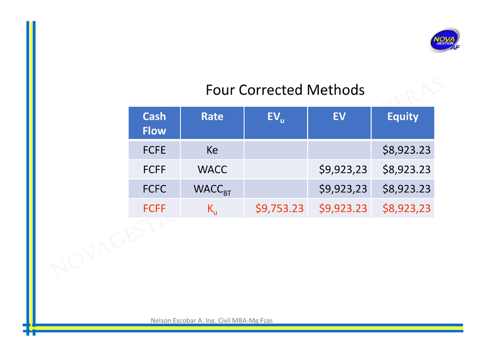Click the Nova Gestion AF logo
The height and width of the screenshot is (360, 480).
tap(445, 40)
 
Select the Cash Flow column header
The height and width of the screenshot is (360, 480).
tap(154, 123)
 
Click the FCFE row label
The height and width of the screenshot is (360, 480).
tap(154, 150)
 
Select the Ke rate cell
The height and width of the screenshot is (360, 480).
tap(212, 150)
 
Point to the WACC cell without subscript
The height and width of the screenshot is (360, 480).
tap(212, 169)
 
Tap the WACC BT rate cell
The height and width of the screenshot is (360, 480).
tap(212, 190)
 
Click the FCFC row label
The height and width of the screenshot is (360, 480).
tap(154, 189)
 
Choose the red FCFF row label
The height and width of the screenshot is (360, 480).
tap(154, 208)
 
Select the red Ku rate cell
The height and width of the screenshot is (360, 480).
tap(212, 210)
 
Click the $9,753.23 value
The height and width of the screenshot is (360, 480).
tap(280, 209)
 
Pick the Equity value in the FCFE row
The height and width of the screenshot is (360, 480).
tap(407, 150)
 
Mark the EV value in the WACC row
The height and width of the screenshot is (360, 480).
tap(343, 169)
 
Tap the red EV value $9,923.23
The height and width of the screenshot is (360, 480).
tap(343, 209)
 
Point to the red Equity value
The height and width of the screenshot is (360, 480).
tap(407, 209)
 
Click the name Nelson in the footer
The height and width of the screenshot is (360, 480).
tap(161, 320)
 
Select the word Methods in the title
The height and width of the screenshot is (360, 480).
tap(336, 90)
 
